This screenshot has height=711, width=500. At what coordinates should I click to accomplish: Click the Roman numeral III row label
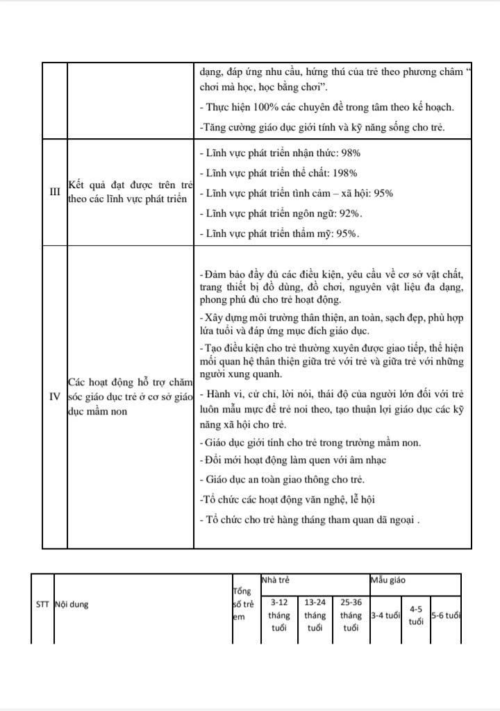(54, 192)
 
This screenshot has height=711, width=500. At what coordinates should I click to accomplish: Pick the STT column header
(42, 604)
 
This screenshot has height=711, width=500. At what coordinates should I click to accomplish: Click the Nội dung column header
(72, 604)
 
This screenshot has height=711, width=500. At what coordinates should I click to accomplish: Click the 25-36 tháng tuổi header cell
(351, 615)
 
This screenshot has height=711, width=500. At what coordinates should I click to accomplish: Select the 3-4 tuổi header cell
(386, 615)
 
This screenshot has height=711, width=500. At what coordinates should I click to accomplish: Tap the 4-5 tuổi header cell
(416, 615)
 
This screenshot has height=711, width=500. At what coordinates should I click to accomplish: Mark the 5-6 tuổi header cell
(446, 615)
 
